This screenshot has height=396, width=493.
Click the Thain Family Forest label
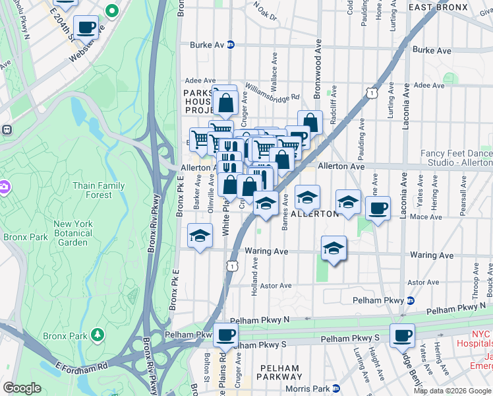(x=99, y=190)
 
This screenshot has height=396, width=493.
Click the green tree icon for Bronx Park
(x=98, y=335)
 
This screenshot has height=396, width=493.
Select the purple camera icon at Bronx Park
(x=5, y=187)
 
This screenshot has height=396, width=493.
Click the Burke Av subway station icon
(x=231, y=45)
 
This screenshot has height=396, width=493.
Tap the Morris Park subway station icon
(x=335, y=388)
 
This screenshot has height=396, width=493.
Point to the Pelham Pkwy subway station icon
(x=411, y=300)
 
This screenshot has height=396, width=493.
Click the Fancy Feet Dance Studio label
(x=456, y=158)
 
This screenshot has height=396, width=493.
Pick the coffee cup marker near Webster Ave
(x=86, y=27)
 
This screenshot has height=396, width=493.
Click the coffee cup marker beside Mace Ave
(x=378, y=209)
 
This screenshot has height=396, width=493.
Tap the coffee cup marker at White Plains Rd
(x=226, y=333)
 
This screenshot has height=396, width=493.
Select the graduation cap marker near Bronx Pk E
(x=200, y=235)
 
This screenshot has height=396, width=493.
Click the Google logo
(x=22, y=388)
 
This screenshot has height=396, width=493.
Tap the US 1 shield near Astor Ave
(x=232, y=265)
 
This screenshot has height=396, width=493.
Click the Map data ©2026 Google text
(x=451, y=390)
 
